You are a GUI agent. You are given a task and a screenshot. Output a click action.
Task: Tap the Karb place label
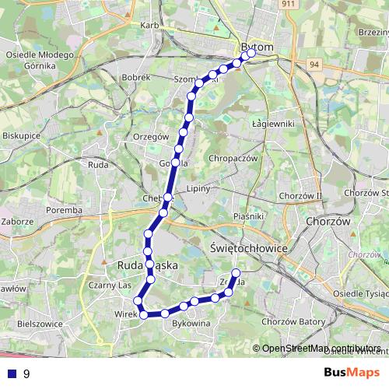(149, 25)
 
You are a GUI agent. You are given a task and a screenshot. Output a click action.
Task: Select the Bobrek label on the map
(136, 78)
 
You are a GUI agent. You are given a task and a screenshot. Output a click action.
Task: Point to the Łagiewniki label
(273, 123)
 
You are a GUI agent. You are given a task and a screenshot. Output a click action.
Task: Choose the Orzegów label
(151, 136)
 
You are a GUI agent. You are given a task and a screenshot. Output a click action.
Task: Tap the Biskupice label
(21, 134)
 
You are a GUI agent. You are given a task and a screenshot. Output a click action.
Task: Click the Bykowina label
(191, 322)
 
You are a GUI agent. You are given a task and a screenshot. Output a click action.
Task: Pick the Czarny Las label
(108, 286)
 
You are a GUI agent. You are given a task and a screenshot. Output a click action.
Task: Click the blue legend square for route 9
(11, 373)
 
